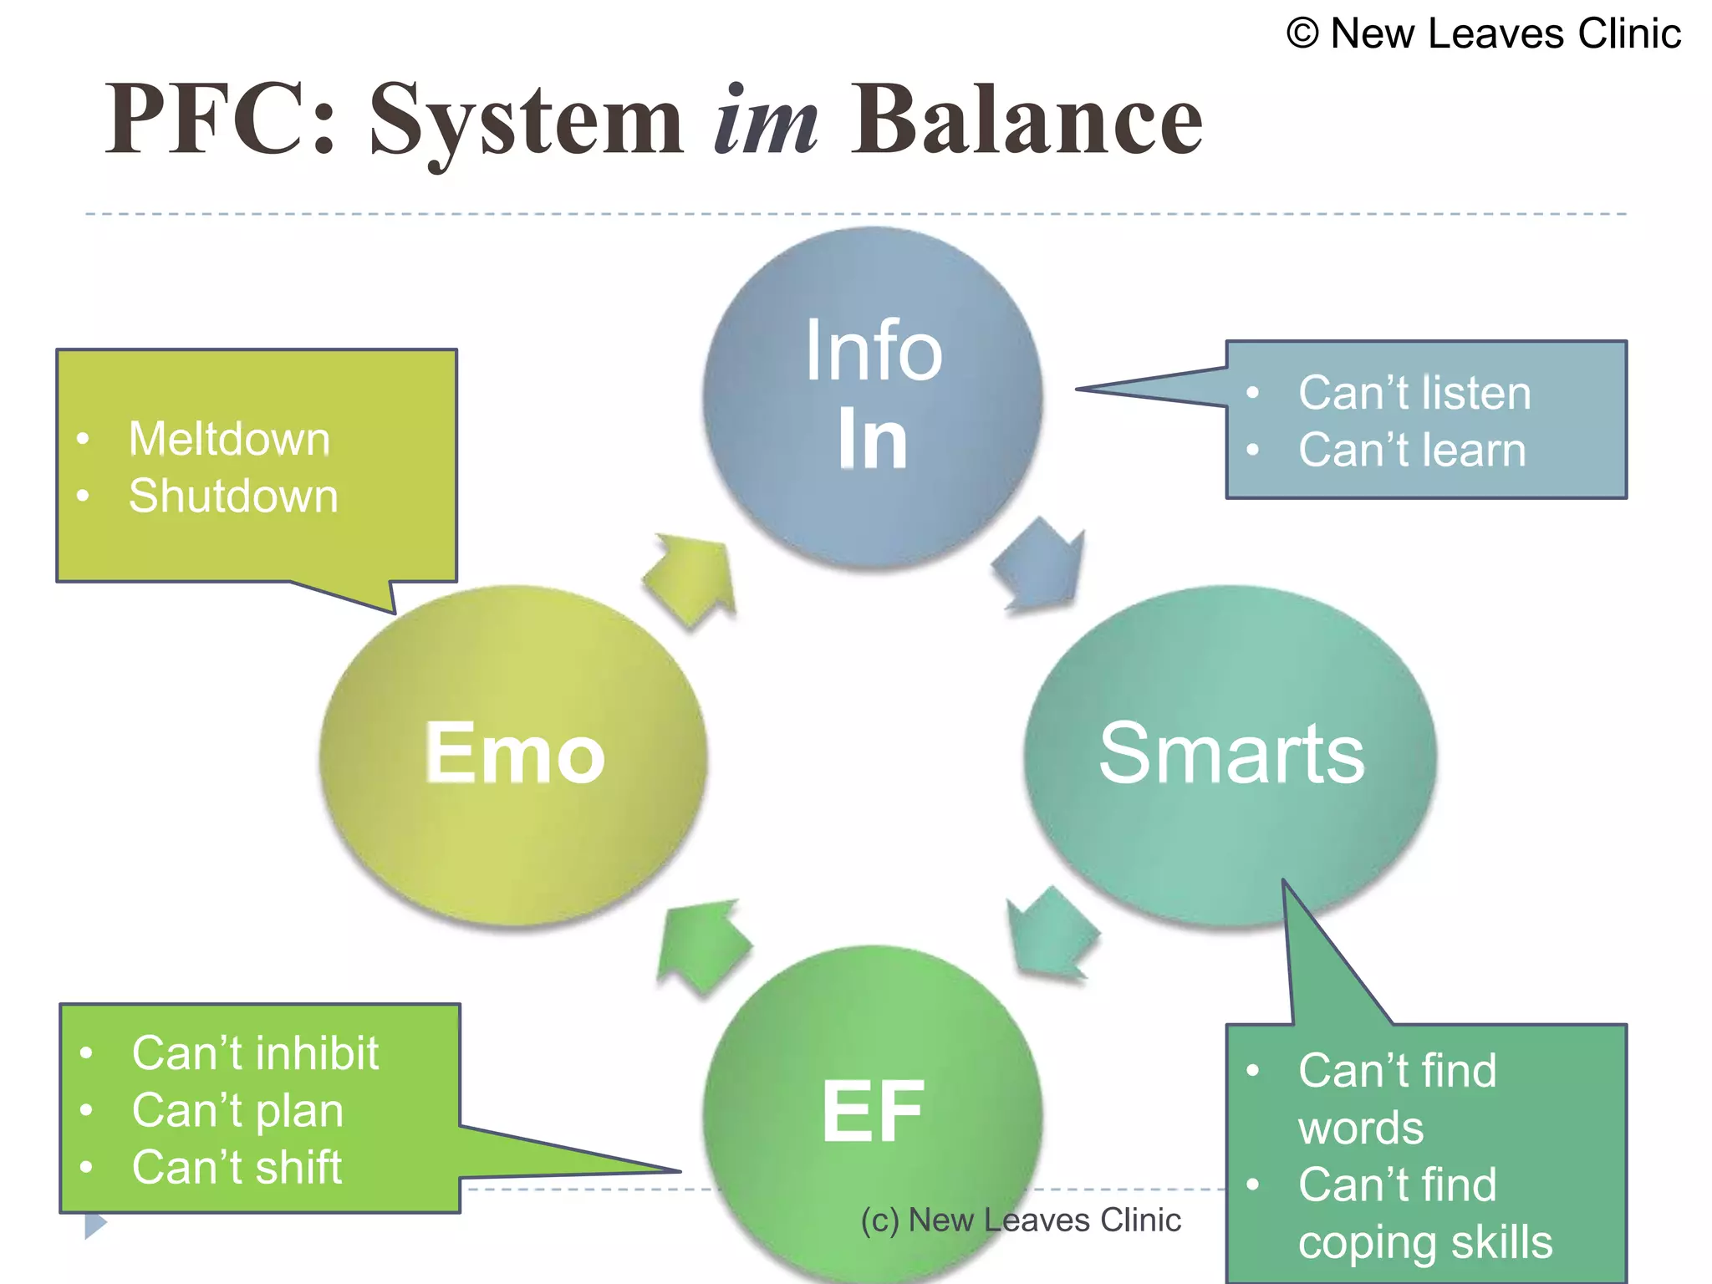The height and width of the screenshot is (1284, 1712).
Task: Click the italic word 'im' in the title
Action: [x=766, y=121]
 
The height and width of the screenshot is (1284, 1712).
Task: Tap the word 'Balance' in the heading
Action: [x=1027, y=121]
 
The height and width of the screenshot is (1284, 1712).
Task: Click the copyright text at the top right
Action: [x=1483, y=34]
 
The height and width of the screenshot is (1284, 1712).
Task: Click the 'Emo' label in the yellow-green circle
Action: [x=514, y=753]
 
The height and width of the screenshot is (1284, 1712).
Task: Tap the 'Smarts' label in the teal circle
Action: [x=1230, y=753]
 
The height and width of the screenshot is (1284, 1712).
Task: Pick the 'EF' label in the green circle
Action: [x=873, y=1112]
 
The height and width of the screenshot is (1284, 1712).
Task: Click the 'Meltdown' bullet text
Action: [x=229, y=439]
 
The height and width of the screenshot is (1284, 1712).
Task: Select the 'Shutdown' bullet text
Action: [x=233, y=496]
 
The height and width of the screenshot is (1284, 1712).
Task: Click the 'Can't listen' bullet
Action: [x=1414, y=393]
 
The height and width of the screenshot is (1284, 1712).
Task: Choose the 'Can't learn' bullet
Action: [x=1412, y=450]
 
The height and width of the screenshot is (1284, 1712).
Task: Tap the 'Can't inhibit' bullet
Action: [x=255, y=1053]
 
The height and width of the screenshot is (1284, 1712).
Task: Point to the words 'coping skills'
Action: [x=1424, y=1242]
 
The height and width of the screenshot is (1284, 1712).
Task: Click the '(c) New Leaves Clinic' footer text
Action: [x=1021, y=1220]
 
